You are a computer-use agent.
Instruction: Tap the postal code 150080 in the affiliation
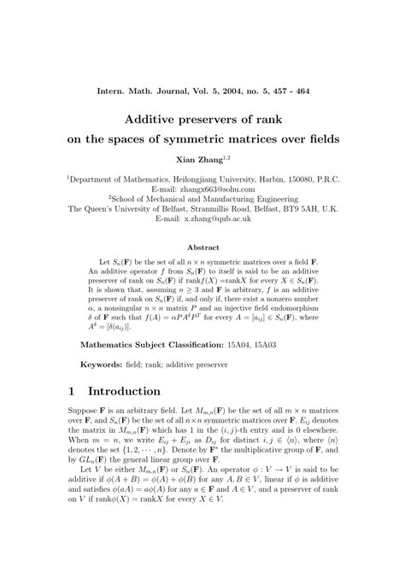[x=302, y=178]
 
